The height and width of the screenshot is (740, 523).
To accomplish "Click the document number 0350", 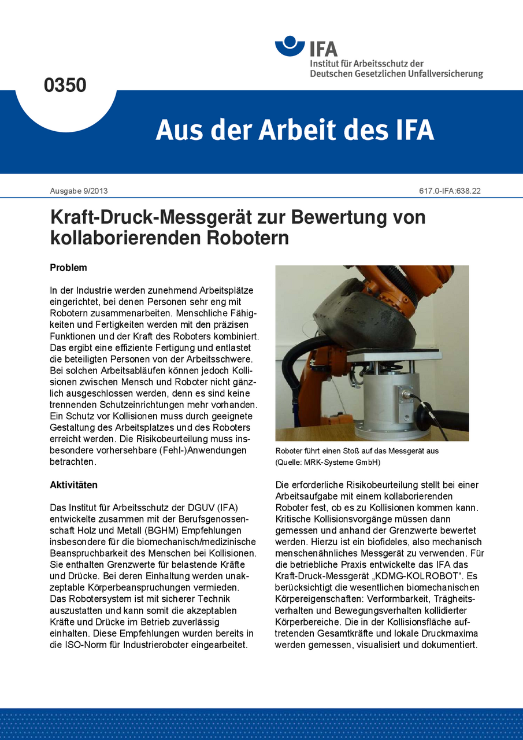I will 65,85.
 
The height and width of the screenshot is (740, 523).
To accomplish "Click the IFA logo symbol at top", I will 290,46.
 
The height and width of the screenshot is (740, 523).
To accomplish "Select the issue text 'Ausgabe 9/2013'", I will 75,191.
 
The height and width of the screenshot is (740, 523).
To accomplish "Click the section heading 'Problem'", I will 68,268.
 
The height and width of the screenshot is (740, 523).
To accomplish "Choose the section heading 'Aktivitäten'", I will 73,484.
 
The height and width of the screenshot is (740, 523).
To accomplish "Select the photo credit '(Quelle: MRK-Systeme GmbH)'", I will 328,462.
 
